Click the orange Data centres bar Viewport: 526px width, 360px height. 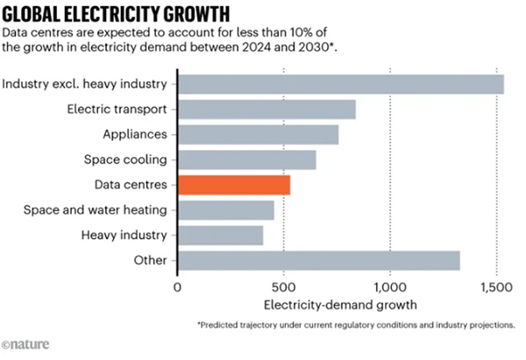pos(234,185)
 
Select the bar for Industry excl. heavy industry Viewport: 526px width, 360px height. pos(340,84)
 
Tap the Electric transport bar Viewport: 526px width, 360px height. pos(267,109)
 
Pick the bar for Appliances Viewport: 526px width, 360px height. pos(258,135)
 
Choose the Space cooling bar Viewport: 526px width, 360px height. pos(246,160)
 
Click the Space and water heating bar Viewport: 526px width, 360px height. pos(225,210)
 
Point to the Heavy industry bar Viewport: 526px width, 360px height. pos(220,236)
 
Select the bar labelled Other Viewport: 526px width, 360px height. pos(318,261)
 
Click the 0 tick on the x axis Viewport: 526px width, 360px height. pos(178,287)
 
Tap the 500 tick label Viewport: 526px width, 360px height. pos(284,287)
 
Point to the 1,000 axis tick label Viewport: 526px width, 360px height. pos(390,287)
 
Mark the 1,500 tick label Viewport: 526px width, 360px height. pos(496,287)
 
